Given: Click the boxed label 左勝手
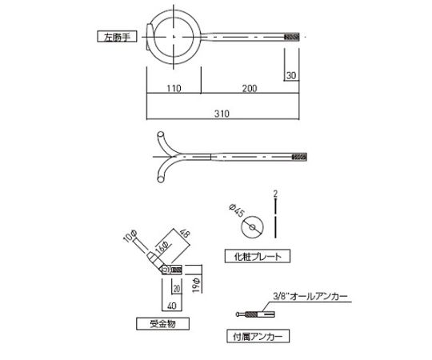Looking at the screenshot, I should pyautogui.click(x=118, y=36).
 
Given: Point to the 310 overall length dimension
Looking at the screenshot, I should pyautogui.click(x=222, y=114).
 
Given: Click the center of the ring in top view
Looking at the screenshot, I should pyautogui.click(x=173, y=36).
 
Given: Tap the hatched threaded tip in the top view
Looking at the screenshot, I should pyautogui.click(x=292, y=36).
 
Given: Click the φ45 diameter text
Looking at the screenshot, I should pyautogui.click(x=235, y=211).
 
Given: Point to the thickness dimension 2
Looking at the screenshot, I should pyautogui.click(x=274, y=194).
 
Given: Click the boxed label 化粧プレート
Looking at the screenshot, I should pyautogui.click(x=255, y=257).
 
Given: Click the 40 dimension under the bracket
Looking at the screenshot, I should pyautogui.click(x=171, y=304).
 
